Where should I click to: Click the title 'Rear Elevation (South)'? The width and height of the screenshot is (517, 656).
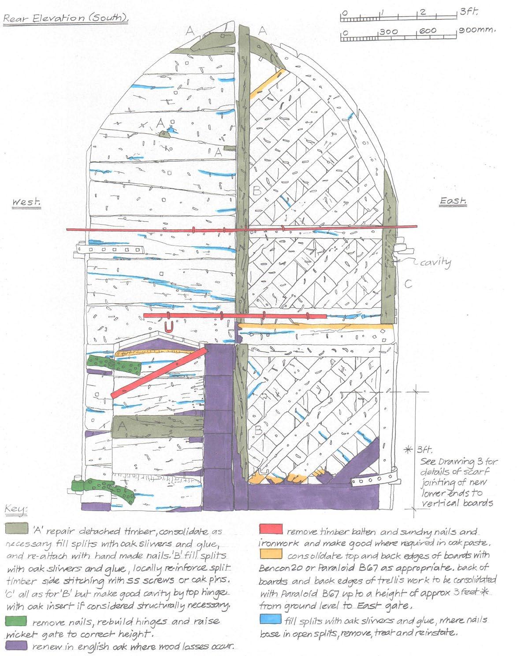coord(66,19)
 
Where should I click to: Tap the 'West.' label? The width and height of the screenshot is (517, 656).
coord(27,202)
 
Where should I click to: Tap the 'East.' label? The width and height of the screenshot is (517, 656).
coord(453,201)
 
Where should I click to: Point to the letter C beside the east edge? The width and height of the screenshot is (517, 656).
coord(409,284)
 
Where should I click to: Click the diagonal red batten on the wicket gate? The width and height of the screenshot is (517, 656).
coord(159,372)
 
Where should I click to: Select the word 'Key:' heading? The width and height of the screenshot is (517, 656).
coord(17,510)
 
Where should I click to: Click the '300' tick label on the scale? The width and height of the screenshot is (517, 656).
coord(388,31)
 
